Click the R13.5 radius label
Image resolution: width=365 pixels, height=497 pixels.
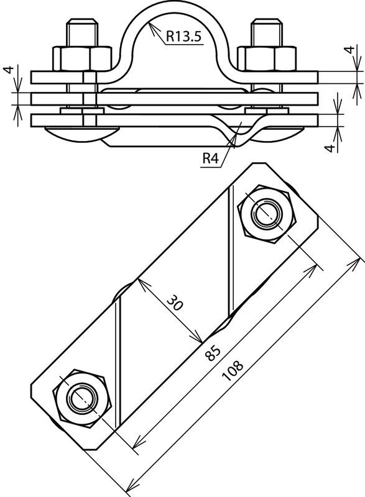coord(183,36)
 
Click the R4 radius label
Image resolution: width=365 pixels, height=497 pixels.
coord(211,158)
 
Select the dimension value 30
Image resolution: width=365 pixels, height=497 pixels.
coord(175,303)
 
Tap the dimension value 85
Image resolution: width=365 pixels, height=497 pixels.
coord(213,353)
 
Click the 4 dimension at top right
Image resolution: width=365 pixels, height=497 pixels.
coord(349,50)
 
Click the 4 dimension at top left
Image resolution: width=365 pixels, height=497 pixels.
coord(9,70)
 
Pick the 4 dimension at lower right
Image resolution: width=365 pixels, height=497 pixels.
coord(331,148)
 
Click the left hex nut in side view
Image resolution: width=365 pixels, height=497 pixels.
coord(83,58)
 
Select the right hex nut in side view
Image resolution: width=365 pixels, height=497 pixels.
coord(267,58)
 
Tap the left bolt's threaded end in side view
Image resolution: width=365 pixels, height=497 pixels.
coord(82,33)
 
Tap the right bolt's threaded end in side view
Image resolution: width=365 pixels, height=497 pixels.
coord(267,33)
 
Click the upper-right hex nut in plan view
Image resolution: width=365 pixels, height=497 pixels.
coord(267,214)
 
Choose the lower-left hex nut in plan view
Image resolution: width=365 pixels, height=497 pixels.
coord(81,398)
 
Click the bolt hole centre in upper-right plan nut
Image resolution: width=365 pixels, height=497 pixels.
coord(267,214)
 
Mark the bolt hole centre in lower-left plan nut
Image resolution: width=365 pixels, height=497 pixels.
coord(81,398)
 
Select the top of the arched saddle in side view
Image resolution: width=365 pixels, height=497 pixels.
coord(173,3)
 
